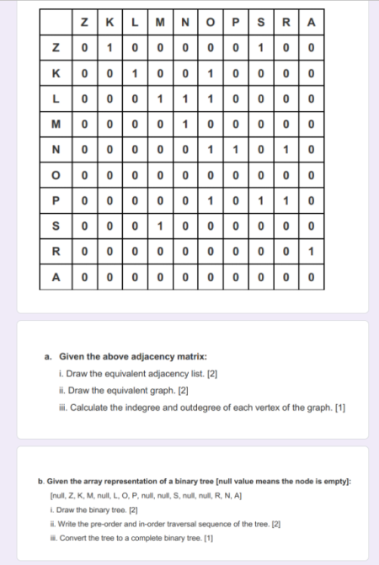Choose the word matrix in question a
point(191,355)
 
